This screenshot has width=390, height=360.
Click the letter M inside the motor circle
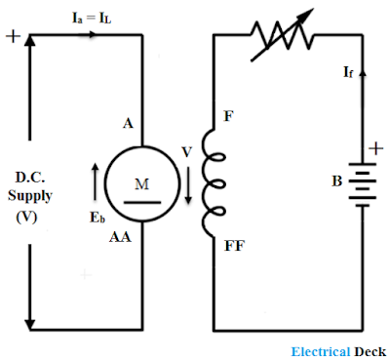(x=142, y=184)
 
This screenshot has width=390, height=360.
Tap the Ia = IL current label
(x=92, y=18)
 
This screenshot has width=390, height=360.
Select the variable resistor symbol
(x=282, y=35)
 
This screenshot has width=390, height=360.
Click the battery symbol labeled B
(x=363, y=185)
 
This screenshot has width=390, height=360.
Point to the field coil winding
(x=212, y=183)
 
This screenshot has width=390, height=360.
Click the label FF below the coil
(x=234, y=246)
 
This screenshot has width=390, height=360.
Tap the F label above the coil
(x=228, y=116)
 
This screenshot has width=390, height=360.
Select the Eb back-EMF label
(x=97, y=218)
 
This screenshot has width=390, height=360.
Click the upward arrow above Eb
(x=95, y=181)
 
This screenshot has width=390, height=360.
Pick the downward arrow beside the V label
(x=188, y=185)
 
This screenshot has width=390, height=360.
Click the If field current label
(x=348, y=72)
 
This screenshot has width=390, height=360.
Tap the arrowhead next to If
(x=363, y=72)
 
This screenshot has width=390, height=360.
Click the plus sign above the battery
(x=376, y=149)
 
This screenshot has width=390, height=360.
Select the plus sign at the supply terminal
(x=13, y=36)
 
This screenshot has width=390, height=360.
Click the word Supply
(x=30, y=196)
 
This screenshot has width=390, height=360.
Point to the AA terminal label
(x=120, y=237)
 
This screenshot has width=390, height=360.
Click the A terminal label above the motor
(x=128, y=124)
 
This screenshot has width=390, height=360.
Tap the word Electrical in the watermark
(x=321, y=352)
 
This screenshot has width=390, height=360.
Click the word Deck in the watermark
(x=370, y=352)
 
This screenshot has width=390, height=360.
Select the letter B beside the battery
(x=337, y=181)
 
